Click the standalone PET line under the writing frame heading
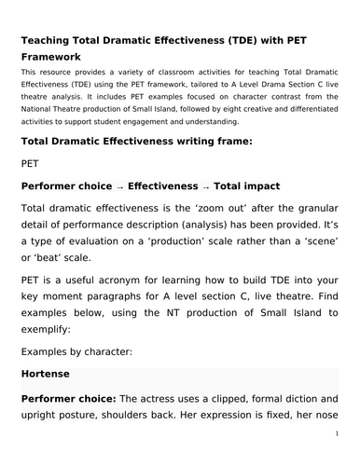32,164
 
